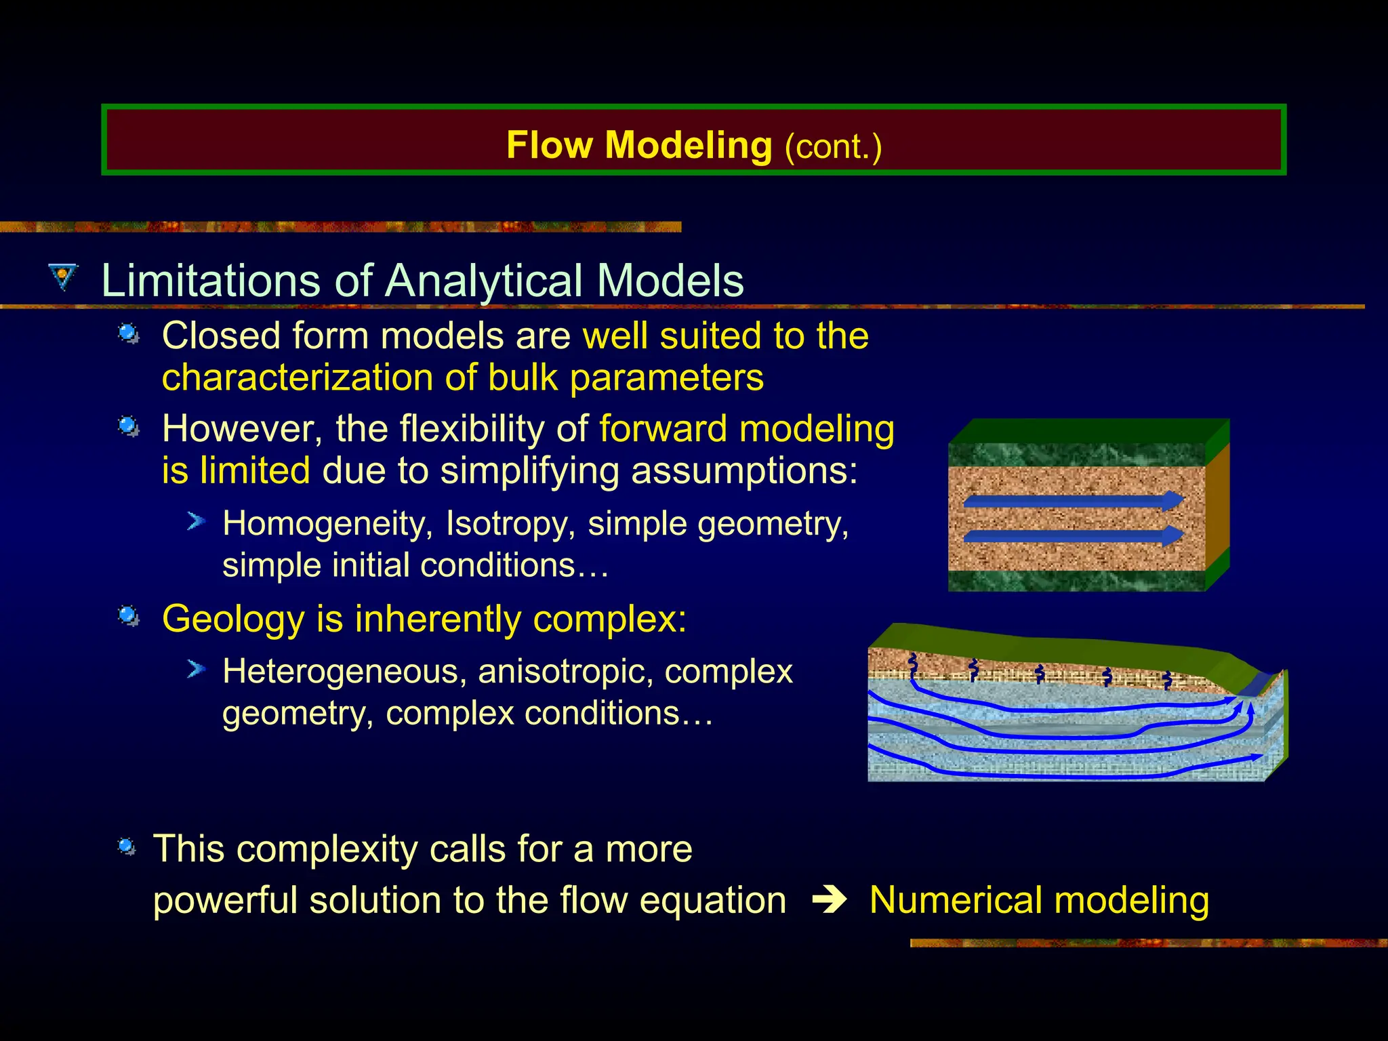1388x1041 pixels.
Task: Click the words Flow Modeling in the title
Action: tap(638, 145)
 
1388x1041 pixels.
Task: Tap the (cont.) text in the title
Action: tap(833, 147)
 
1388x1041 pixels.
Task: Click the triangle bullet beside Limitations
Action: tap(64, 277)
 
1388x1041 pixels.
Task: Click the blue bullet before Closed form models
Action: tap(128, 333)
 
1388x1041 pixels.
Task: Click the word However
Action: tap(242, 429)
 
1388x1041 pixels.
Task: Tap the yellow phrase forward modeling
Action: tap(746, 429)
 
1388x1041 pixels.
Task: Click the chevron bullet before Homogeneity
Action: tap(196, 521)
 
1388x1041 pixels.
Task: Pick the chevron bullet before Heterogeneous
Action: tap(196, 670)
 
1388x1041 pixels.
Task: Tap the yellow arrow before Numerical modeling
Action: tap(830, 900)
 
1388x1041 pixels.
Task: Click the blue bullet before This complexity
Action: tap(127, 846)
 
